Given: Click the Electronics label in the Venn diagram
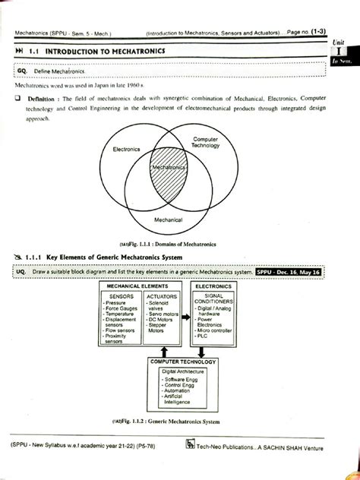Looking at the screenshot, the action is (126, 150).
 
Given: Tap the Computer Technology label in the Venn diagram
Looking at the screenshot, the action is (205, 143).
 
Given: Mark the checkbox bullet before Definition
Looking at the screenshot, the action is (17, 99).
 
